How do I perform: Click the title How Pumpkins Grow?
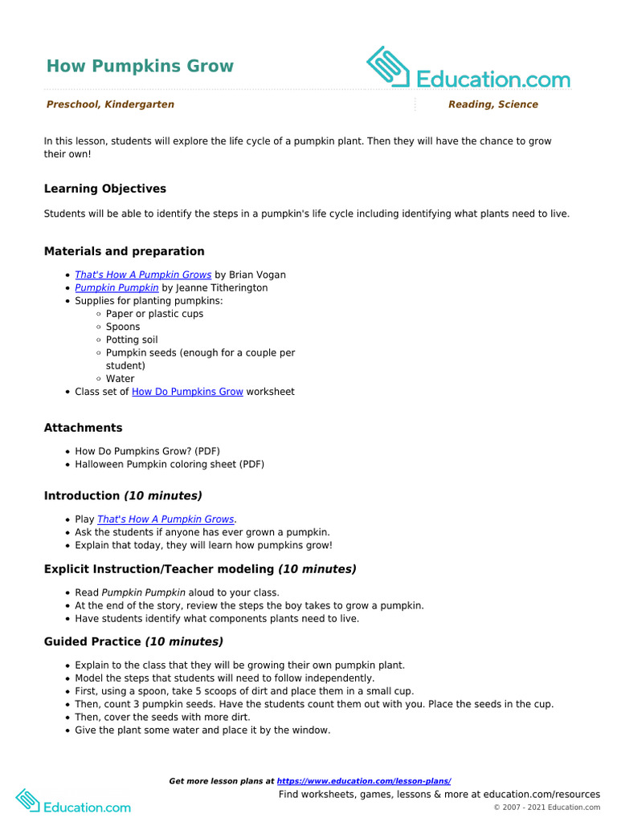140,66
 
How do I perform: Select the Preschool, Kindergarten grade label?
110,104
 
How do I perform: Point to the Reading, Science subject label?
492,104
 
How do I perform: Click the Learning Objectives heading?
105,189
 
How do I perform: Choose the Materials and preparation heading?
124,251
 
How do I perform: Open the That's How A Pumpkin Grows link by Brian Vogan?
143,275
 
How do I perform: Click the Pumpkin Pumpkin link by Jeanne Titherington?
116,287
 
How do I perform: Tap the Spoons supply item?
123,327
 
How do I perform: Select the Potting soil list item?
132,340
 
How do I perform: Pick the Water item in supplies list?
121,379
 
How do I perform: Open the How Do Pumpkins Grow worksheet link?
187,392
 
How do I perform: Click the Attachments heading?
83,428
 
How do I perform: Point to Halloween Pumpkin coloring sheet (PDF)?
170,464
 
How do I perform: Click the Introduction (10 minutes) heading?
123,496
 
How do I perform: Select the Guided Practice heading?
133,642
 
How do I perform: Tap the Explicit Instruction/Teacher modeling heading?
200,569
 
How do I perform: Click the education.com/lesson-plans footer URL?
364,781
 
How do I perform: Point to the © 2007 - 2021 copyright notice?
546,808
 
